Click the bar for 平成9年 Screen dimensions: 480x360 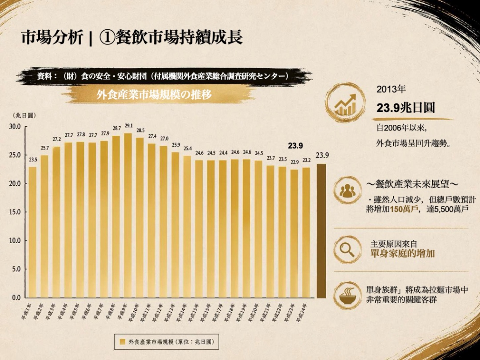(x=128, y=215)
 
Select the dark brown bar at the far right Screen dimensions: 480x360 (x=321, y=231)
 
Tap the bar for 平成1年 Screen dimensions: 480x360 (x=33, y=232)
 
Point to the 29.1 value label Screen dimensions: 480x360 (x=129, y=126)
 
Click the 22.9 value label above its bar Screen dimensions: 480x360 (x=295, y=162)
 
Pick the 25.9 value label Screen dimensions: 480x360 (x=176, y=145)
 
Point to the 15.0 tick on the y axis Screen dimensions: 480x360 (x=15, y=212)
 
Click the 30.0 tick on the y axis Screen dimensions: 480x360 (x=15, y=126)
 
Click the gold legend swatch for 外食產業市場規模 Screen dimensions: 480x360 (x=123, y=342)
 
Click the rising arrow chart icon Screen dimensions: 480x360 (x=345, y=102)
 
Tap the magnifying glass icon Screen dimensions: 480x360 (x=348, y=250)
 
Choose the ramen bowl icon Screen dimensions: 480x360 (x=348, y=295)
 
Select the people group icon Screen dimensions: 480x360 (x=348, y=190)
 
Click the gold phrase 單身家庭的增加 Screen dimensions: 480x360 (x=403, y=253)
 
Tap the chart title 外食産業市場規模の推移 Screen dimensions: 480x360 (x=154, y=95)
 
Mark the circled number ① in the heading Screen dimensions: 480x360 (x=107, y=38)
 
